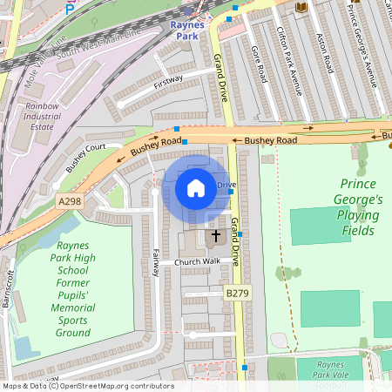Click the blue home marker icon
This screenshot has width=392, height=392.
click(x=196, y=187)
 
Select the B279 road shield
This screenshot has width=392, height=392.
click(x=237, y=294)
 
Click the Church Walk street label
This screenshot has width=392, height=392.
click(x=197, y=262)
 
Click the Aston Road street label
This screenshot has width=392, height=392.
click(x=323, y=52)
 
